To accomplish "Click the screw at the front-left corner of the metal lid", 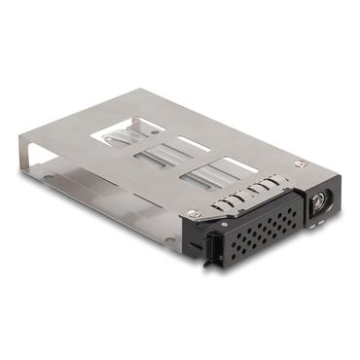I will point(194,213).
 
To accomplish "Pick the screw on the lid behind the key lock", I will point(300,165).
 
